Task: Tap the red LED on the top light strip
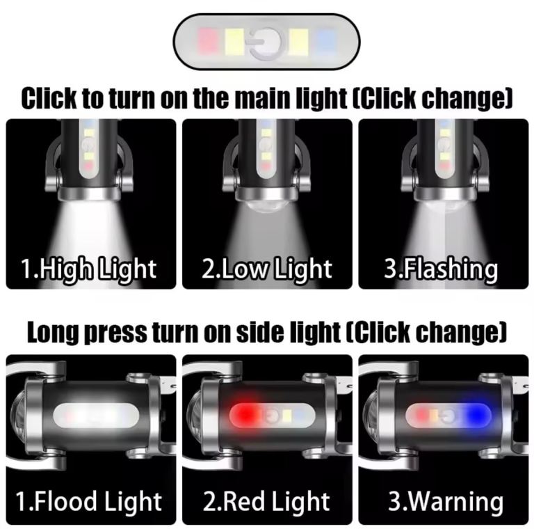[x=207, y=41]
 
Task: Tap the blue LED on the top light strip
[x=326, y=41]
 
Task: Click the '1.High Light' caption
[x=88, y=269]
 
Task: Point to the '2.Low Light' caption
[x=267, y=269]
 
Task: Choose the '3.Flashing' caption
[x=441, y=269]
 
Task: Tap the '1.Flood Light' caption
[x=88, y=502]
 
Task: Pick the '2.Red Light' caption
[x=267, y=502]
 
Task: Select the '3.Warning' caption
[x=446, y=502]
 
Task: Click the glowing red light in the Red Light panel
[x=246, y=414]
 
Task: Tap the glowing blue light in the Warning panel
[x=476, y=414]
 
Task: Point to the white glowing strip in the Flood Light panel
[x=96, y=414]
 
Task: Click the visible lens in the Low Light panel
[x=266, y=205]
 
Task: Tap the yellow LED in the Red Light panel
[x=286, y=415]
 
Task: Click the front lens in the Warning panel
[x=371, y=415]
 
